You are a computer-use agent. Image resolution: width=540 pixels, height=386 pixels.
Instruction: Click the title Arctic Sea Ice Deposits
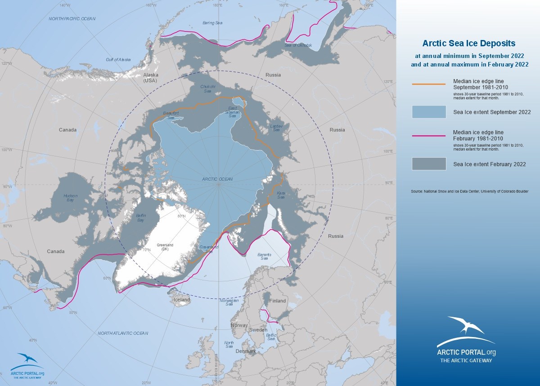click(468, 44)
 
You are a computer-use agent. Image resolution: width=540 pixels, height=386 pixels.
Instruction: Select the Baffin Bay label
click(140, 218)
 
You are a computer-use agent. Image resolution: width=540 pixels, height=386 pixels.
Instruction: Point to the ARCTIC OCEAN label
click(217, 179)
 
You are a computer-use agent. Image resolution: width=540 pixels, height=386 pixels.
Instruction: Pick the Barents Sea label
click(264, 257)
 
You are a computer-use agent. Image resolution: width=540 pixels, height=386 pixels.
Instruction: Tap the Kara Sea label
click(281, 195)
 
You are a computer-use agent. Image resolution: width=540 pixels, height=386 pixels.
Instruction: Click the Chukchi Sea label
click(207, 89)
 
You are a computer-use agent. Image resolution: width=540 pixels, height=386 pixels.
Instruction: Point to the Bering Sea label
click(212, 22)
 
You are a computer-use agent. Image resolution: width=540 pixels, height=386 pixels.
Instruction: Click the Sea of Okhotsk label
click(298, 45)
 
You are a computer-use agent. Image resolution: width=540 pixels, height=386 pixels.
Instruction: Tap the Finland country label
click(277, 301)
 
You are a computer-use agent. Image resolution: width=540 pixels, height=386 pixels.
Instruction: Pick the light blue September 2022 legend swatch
click(428, 112)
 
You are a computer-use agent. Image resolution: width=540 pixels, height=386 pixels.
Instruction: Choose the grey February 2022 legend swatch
click(428, 164)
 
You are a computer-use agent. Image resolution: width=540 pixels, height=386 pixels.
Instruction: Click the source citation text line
click(469, 191)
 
